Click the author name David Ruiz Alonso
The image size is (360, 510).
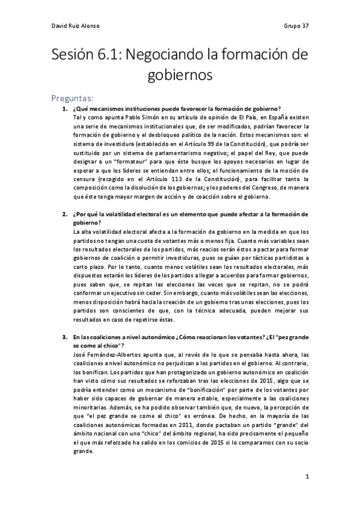pyautogui.click(x=78, y=26)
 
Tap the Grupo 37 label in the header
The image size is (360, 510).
pyautogui.click(x=296, y=26)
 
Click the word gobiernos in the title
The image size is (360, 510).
pyautogui.click(x=180, y=76)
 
